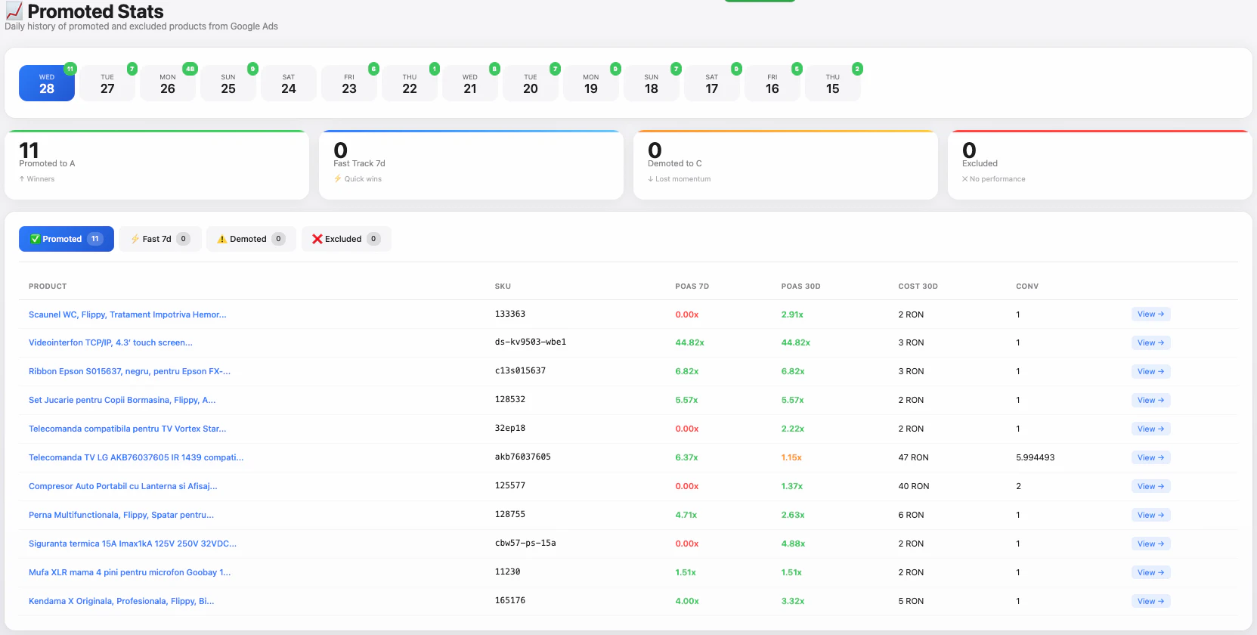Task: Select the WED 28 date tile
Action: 47,83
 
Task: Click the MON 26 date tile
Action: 168,83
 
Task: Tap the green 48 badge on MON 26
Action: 190,69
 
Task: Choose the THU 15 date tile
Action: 832,83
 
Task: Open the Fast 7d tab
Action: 159,239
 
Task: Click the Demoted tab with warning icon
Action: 251,239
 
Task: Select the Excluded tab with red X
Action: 345,239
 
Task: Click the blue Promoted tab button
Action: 67,239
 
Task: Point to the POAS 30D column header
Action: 800,287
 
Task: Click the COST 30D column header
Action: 918,287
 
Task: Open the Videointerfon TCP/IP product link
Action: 110,342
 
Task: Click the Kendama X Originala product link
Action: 121,601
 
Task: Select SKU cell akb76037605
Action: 522,457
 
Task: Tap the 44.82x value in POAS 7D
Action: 689,342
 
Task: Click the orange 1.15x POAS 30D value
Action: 791,457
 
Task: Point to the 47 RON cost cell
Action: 913,457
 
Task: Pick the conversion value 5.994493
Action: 1035,457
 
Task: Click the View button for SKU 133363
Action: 1150,314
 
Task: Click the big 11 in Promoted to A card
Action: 29,150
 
